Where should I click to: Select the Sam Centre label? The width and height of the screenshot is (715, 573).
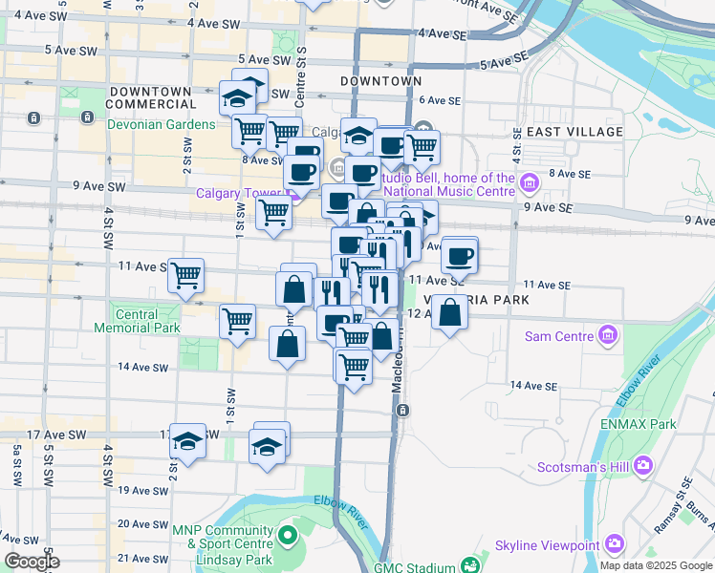click(x=559, y=337)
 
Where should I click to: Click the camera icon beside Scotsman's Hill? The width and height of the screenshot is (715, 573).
click(x=642, y=465)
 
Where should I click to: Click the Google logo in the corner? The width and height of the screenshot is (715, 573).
click(x=31, y=562)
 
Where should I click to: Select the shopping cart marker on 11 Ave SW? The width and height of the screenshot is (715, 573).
click(x=185, y=275)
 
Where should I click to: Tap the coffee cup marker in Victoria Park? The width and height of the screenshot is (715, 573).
click(x=460, y=255)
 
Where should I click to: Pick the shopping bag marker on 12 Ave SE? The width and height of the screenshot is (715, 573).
click(x=449, y=312)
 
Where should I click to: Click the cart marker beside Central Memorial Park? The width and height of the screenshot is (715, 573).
click(x=237, y=321)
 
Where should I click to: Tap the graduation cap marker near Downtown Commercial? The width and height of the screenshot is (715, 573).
click(x=237, y=96)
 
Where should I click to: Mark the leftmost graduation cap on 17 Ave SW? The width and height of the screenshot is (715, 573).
click(x=188, y=441)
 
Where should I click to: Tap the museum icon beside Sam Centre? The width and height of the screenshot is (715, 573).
click(x=606, y=335)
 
